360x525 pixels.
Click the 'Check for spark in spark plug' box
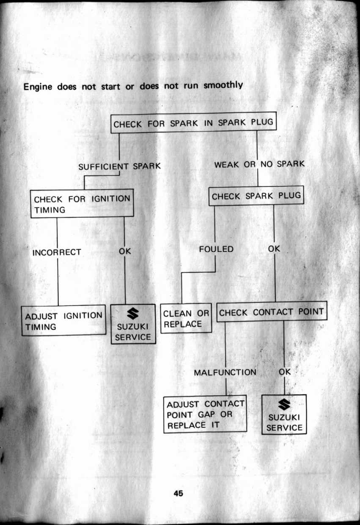[193, 123]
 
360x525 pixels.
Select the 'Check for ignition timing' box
[82, 204]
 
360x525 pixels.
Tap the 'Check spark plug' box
[256, 196]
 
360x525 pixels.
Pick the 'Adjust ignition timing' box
[64, 321]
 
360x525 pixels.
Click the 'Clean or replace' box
[186, 319]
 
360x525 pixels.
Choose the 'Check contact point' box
[271, 312]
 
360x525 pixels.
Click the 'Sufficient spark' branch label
[120, 166]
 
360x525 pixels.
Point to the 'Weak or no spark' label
[259, 164]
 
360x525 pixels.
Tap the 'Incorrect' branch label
[57, 252]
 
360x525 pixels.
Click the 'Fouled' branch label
[216, 249]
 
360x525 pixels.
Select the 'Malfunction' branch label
[225, 372]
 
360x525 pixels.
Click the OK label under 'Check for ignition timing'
[125, 251]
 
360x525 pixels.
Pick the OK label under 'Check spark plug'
[274, 249]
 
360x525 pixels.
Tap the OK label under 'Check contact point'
[285, 372]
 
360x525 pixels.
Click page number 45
[178, 493]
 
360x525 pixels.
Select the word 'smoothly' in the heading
[223, 85]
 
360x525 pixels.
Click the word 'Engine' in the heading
[38, 87]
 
